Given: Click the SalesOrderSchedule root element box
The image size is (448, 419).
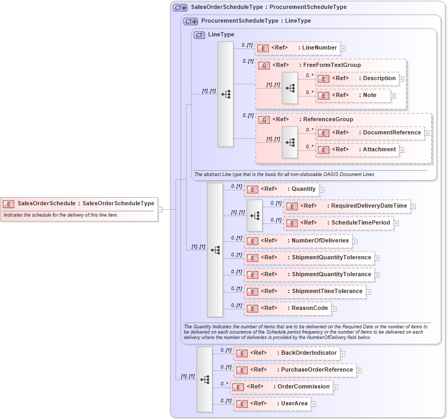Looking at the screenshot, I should (x=79, y=203).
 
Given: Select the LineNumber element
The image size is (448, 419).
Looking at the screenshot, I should (x=297, y=48).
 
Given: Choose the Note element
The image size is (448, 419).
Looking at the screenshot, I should (x=353, y=95).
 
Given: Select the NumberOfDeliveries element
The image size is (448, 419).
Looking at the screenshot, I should (x=298, y=241).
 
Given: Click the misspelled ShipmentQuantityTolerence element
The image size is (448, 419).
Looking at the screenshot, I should (x=309, y=258).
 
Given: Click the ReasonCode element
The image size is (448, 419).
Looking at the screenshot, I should (x=287, y=308).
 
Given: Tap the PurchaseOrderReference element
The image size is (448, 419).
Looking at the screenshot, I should (x=295, y=370).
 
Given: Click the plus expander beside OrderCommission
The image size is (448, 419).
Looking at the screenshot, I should (x=336, y=387).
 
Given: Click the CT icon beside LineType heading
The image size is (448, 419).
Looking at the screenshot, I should (x=199, y=35).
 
